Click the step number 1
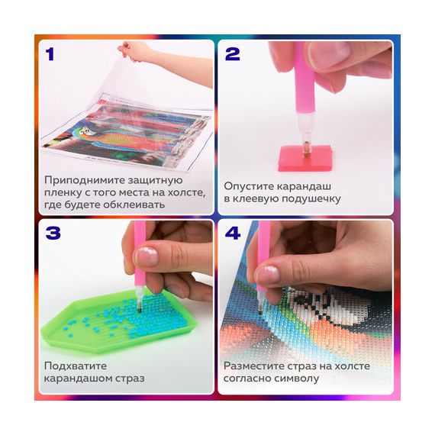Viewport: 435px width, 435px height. click(50, 54)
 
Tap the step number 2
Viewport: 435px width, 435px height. click(233, 54)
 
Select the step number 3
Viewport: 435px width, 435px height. click(53, 233)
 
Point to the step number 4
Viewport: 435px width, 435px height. click(233, 233)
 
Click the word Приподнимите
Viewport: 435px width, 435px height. click(82, 181)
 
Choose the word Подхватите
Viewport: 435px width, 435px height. click(76, 366)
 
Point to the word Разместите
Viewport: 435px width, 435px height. click(253, 366)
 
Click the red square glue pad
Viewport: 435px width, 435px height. click(305, 157)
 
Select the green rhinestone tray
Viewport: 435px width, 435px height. click(120, 321)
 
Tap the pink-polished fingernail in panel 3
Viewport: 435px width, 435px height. click(147, 256)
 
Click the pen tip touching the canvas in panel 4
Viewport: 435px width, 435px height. click(260, 309)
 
